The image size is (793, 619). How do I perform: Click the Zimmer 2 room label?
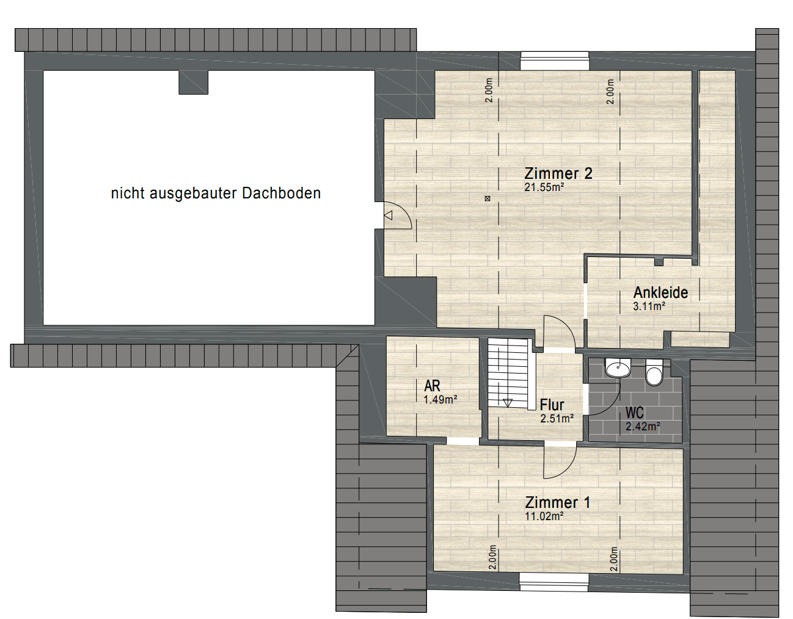(x=558, y=173)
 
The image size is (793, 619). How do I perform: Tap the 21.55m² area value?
(x=544, y=187)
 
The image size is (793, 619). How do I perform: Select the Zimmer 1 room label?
(x=557, y=502)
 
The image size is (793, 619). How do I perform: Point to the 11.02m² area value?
(x=544, y=516)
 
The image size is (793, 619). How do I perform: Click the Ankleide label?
(x=660, y=292)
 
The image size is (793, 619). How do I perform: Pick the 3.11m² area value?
(x=649, y=306)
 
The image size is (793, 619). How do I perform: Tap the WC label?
(x=634, y=413)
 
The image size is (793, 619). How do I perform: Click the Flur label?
(x=552, y=405)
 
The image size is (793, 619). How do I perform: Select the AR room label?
(x=432, y=386)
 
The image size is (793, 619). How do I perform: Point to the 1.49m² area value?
(x=440, y=400)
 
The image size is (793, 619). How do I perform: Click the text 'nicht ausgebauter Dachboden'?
(x=216, y=194)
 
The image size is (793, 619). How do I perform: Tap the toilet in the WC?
(x=654, y=373)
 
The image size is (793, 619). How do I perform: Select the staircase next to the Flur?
(x=508, y=372)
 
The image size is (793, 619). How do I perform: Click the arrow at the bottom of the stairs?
(x=508, y=402)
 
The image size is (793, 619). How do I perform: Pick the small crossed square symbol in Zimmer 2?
(x=487, y=198)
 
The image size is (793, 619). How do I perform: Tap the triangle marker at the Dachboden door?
(x=389, y=215)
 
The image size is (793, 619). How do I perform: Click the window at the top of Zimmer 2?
(x=555, y=61)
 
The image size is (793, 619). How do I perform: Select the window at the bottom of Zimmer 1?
(x=554, y=582)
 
